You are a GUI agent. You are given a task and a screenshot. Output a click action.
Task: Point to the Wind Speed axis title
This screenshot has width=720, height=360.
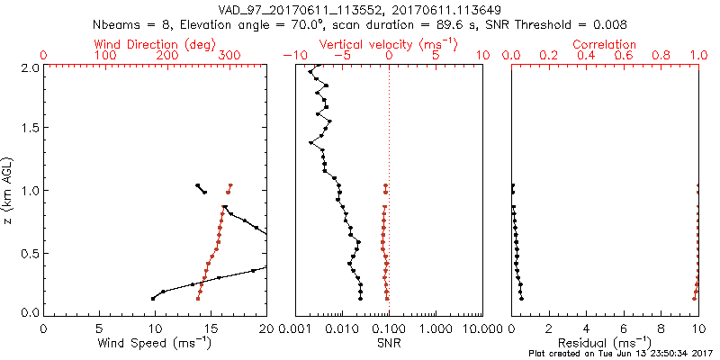[156, 343]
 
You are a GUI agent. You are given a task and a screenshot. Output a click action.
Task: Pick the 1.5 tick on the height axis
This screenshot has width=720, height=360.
[30, 129]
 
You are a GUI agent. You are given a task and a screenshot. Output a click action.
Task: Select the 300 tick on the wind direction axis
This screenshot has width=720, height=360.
[229, 56]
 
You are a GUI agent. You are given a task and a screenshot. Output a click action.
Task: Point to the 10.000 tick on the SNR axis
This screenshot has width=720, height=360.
[466, 329]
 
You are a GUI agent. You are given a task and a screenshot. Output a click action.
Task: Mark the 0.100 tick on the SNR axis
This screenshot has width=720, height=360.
[389, 329]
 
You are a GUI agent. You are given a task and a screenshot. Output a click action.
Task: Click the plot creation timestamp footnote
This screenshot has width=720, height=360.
[620, 354]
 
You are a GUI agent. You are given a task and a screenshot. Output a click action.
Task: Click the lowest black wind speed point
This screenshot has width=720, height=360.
[153, 298]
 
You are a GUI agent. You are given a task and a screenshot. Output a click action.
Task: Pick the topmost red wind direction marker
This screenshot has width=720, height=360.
[231, 186]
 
